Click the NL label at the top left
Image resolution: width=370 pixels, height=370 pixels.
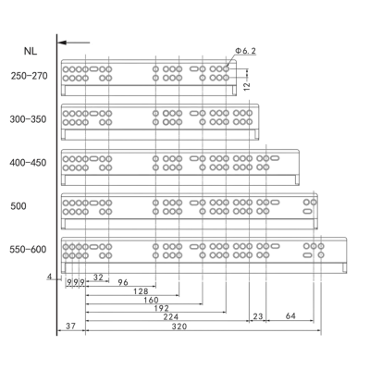31,51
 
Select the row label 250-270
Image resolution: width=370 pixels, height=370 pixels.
30,76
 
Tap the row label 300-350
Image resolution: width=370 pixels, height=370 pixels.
28,119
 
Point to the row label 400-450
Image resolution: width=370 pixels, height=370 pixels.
28,163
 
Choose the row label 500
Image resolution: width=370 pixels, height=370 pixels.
18,206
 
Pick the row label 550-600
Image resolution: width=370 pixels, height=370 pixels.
28,250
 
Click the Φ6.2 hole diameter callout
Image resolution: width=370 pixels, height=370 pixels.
246,51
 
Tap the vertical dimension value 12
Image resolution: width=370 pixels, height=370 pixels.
247,86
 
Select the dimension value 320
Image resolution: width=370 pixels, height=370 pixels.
179,327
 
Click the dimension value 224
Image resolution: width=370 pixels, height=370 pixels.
170,316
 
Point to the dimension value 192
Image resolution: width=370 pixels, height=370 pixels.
161,308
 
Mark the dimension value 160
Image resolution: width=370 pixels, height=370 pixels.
151,300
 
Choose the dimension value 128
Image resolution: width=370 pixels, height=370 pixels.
141,291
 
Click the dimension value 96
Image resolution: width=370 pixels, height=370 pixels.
123,282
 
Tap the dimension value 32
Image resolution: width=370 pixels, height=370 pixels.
98,277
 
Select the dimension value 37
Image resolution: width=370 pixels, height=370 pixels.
70,327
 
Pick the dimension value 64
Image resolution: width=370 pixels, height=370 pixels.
290,316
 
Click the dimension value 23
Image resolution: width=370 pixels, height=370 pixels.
258,316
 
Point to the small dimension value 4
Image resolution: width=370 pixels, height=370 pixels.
50,277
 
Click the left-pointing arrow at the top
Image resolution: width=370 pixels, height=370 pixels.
74,43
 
